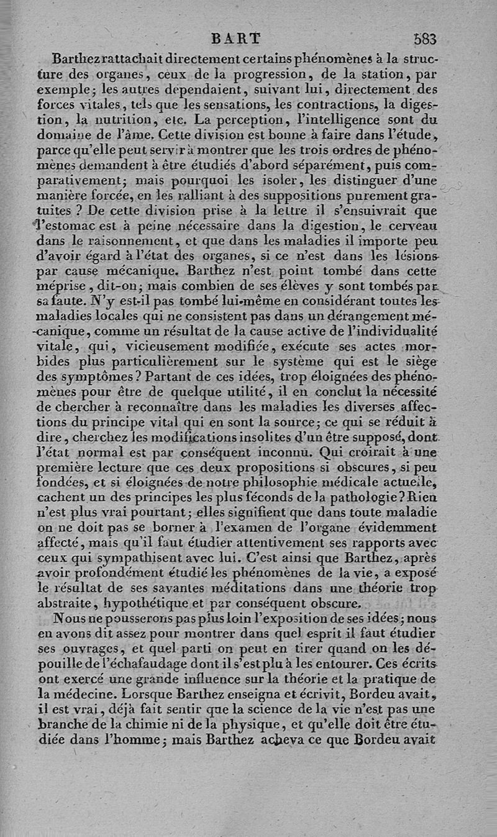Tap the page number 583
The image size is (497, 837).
click(x=425, y=39)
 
